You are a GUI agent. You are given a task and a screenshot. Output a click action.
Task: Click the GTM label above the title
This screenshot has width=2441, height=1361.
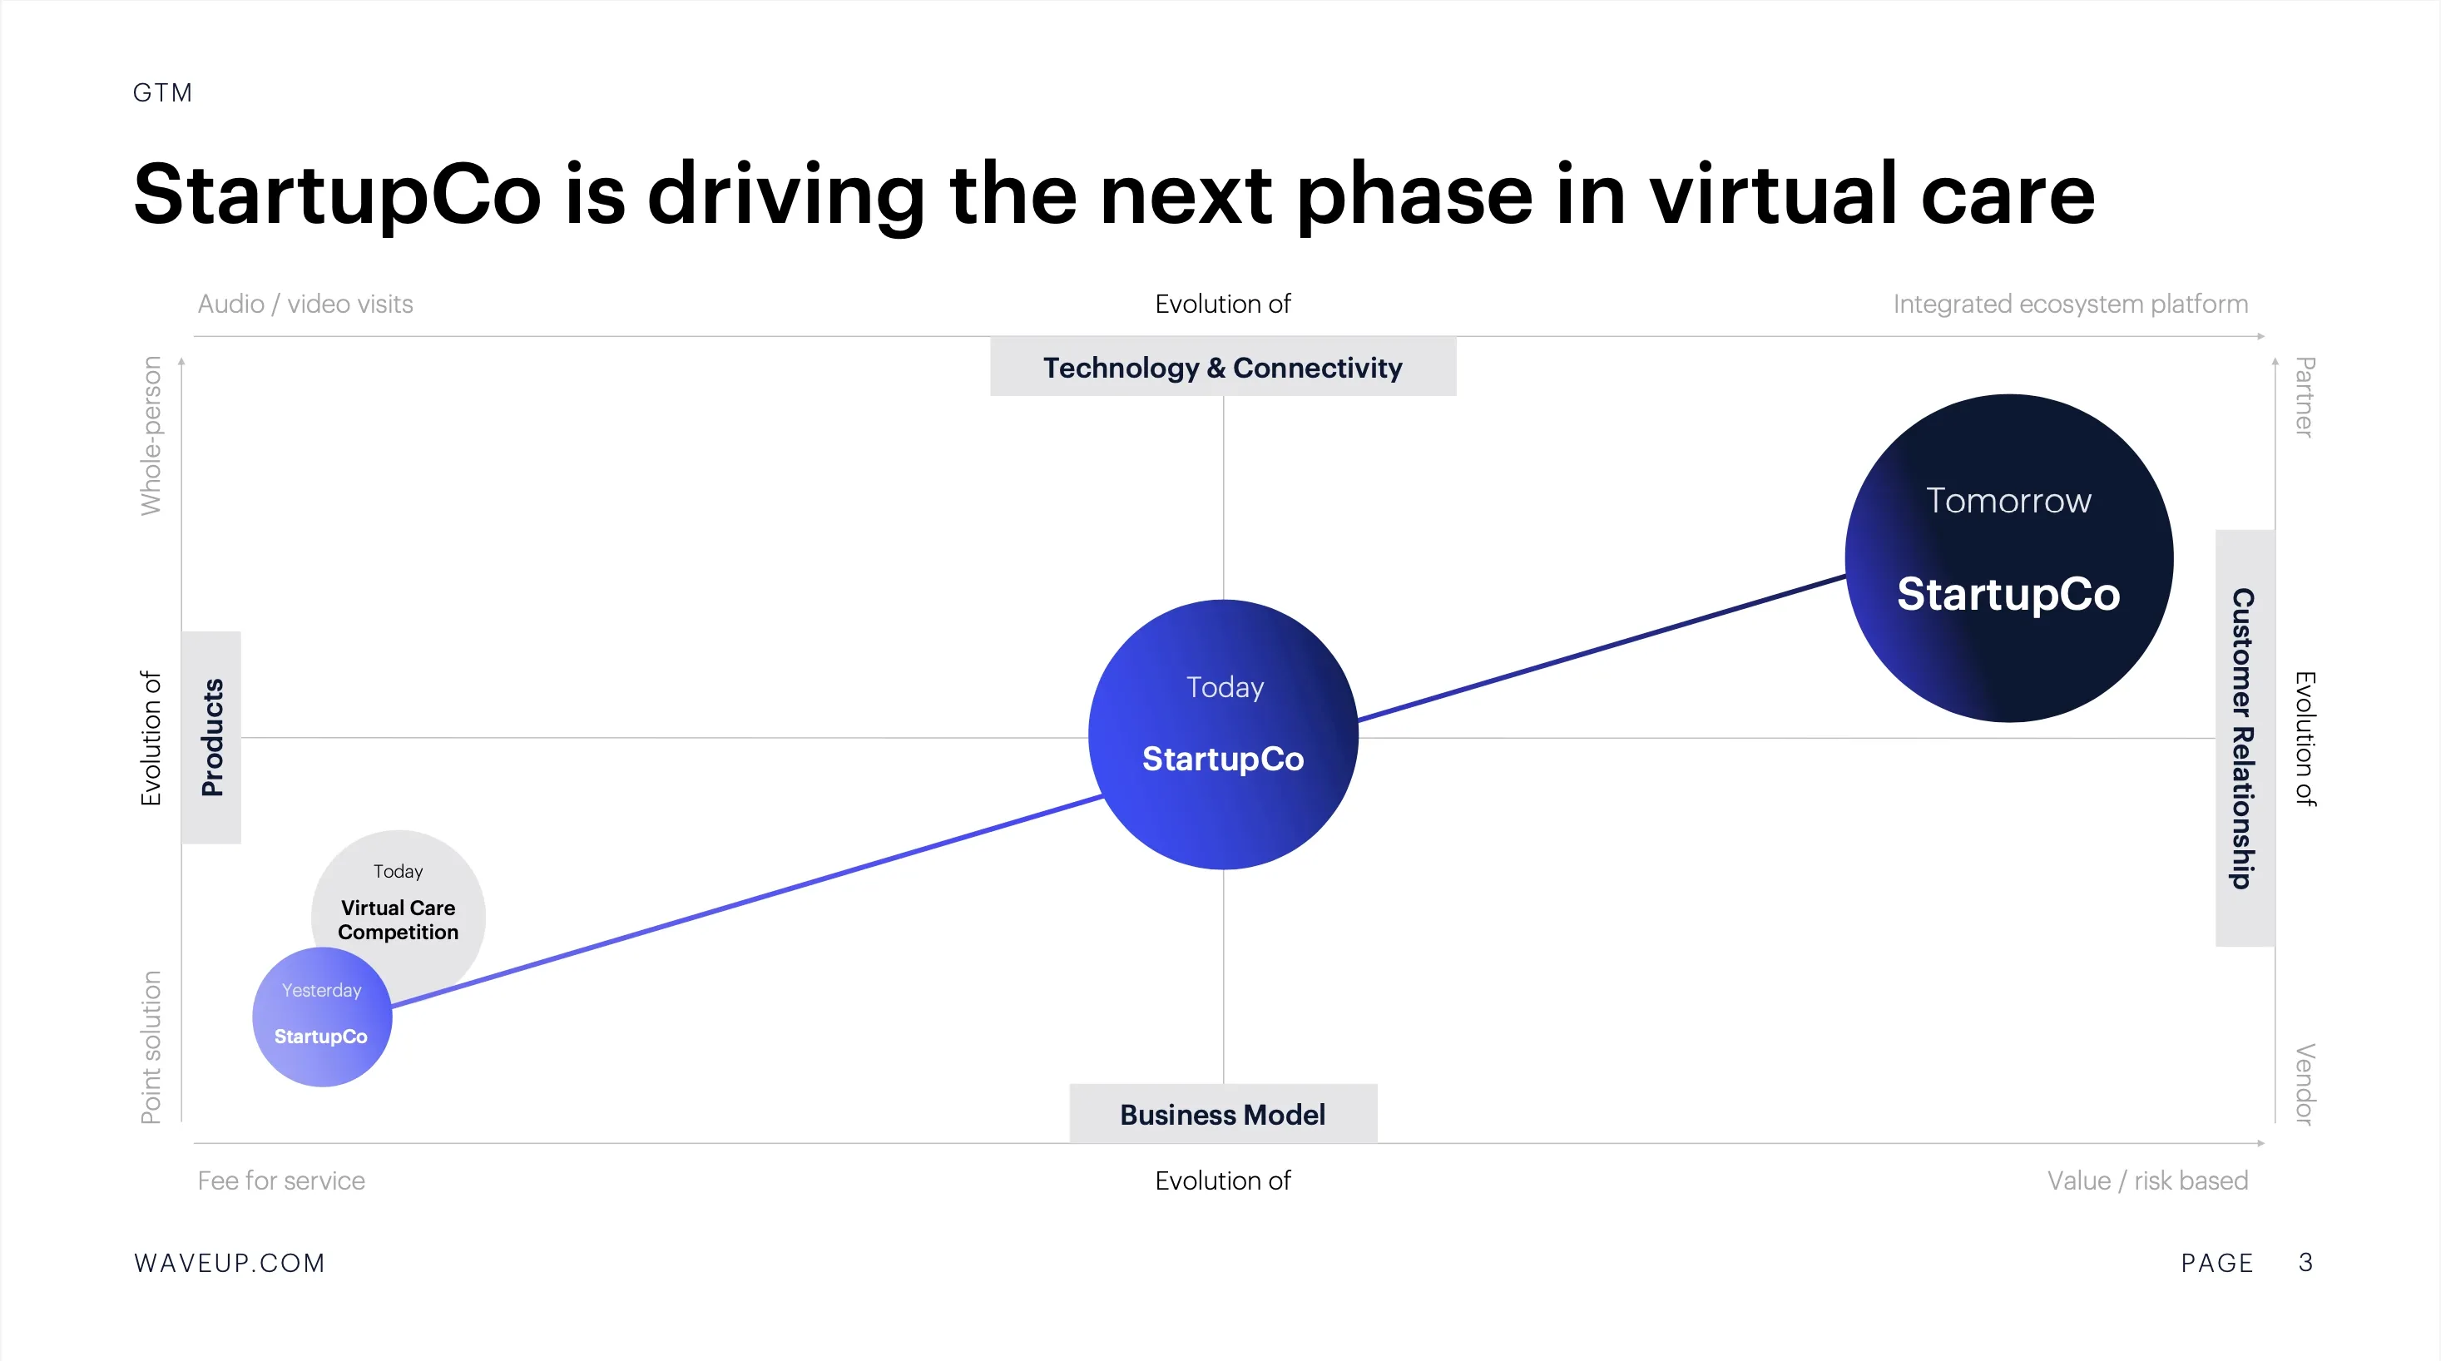pyautogui.click(x=163, y=93)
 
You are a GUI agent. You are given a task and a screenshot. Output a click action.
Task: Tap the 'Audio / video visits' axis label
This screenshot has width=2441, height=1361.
pyautogui.click(x=305, y=304)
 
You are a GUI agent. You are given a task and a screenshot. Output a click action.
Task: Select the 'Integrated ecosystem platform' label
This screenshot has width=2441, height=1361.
pyautogui.click(x=2071, y=304)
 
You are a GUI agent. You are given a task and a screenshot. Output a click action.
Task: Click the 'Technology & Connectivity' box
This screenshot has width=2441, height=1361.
pyautogui.click(x=1223, y=367)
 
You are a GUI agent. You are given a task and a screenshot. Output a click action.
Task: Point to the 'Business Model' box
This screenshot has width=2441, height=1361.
pyautogui.click(x=1223, y=1114)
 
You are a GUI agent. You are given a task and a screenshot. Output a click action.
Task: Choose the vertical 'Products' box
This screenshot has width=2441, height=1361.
pyautogui.click(x=211, y=737)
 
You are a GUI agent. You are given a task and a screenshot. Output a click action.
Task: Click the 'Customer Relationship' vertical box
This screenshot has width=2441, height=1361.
pyautogui.click(x=2245, y=738)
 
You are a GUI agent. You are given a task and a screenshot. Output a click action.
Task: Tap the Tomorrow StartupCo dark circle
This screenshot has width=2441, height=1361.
pyautogui.click(x=2009, y=558)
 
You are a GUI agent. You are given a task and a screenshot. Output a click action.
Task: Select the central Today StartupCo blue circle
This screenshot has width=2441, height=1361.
pyautogui.click(x=1223, y=735)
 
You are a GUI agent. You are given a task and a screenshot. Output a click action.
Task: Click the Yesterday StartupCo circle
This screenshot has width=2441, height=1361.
pyautogui.click(x=322, y=1017)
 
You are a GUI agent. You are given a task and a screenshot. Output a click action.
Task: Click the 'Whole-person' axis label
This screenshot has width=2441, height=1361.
pyautogui.click(x=151, y=436)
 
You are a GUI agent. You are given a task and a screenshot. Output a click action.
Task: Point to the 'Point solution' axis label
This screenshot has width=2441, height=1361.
pyautogui.click(x=151, y=1047)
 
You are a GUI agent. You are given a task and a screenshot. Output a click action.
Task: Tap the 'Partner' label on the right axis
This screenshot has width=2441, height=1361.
pyautogui.click(x=2305, y=397)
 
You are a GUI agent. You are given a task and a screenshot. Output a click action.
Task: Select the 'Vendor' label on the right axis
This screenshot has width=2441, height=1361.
pyautogui.click(x=2305, y=1084)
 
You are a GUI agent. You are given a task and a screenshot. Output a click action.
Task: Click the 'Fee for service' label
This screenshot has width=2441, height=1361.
pyautogui.click(x=281, y=1181)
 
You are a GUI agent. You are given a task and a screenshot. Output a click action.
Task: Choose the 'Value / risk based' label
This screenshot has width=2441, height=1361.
pyautogui.click(x=2148, y=1181)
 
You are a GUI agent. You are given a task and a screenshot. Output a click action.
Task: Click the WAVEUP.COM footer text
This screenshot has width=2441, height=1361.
pyautogui.click(x=230, y=1264)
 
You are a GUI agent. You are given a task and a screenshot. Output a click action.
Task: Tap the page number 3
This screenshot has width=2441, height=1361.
pyautogui.click(x=2306, y=1263)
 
